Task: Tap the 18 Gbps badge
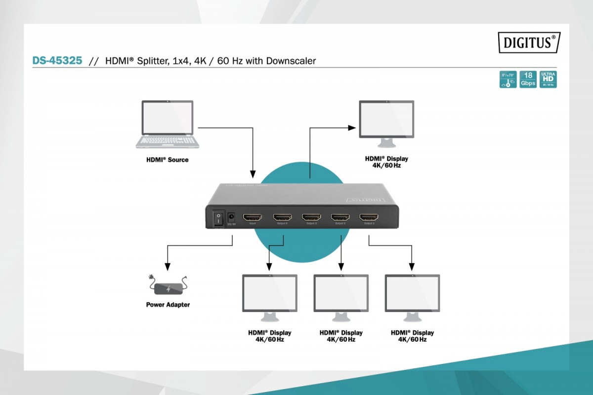coord(528,79)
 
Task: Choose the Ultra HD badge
coord(549,79)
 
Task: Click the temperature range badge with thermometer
coord(508,79)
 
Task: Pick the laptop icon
coord(168,125)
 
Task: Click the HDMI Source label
coord(167,160)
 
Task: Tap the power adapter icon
coord(168,286)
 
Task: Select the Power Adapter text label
coord(168,305)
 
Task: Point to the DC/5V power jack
coord(230,217)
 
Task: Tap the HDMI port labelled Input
coord(253,217)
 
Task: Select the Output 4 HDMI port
coord(283,217)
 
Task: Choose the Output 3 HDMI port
coord(311,217)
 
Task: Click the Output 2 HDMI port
coord(340,217)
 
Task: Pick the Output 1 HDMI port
coord(369,217)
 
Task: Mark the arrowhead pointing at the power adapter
coord(168,265)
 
